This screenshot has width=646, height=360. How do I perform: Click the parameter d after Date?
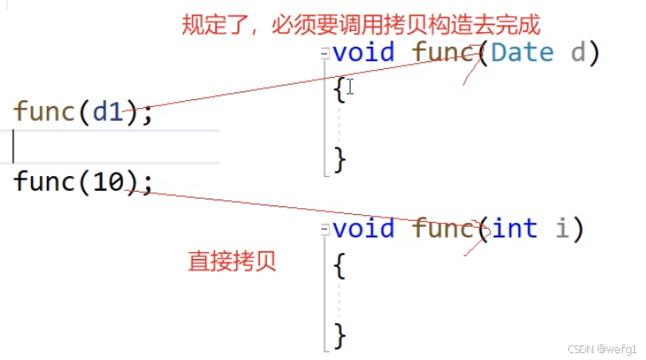coord(578,52)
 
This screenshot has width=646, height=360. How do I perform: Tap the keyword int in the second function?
coord(515,229)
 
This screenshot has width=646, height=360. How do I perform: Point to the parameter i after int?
coord(563,229)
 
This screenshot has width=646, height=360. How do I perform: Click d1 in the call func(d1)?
coord(108,111)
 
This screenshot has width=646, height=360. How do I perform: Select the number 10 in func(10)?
coord(108,181)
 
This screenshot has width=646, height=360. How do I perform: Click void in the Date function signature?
coord(363,52)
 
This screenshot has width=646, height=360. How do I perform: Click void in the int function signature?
coord(363,229)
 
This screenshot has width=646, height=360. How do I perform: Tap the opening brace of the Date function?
coord(339,89)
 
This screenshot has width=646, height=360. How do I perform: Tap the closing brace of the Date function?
coord(339,159)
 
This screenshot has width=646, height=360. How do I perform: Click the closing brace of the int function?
coord(339,335)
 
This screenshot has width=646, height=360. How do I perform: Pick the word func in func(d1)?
coord(43,111)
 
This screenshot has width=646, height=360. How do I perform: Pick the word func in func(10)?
coord(43,181)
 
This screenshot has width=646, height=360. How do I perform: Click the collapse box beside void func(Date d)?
coord(326,53)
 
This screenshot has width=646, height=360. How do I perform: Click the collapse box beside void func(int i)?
coord(326,230)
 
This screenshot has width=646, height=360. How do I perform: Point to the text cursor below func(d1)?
coord(15,147)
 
